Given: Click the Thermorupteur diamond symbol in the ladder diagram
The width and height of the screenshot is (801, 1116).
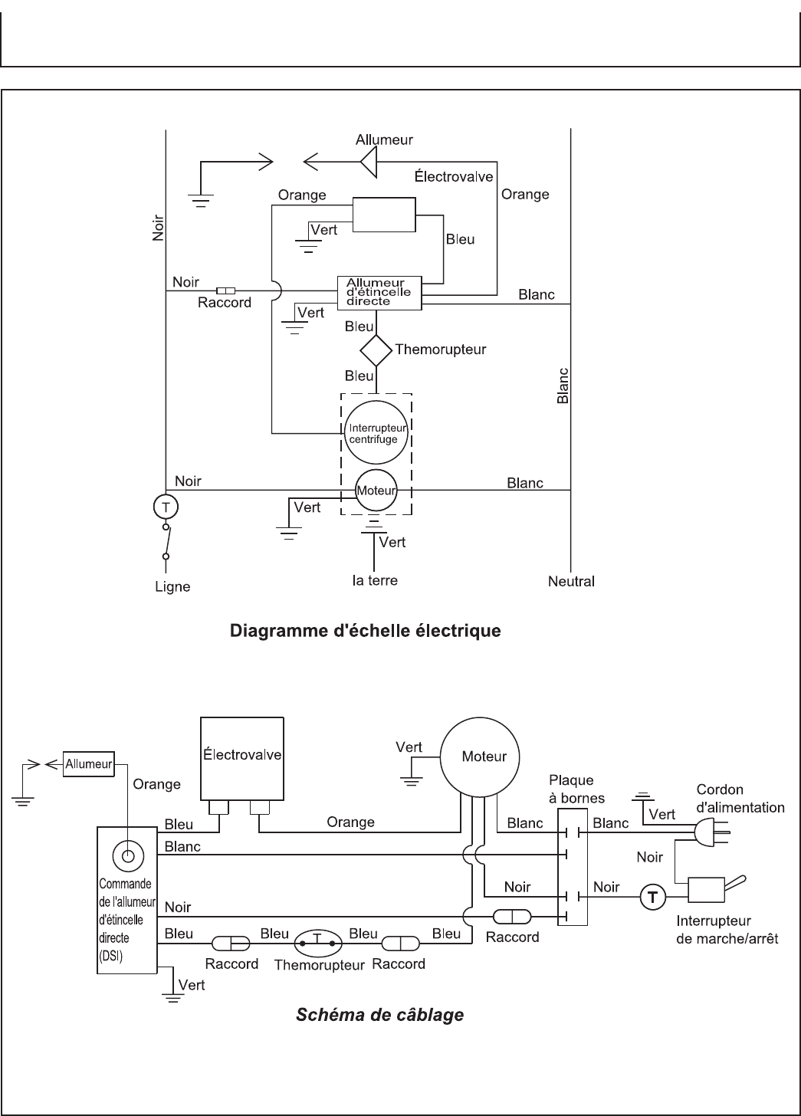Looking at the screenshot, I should click(x=376, y=351).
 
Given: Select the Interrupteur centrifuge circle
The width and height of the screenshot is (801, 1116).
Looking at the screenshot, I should click(x=376, y=434).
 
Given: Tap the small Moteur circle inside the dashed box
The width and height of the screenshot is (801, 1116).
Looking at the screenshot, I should click(x=376, y=491).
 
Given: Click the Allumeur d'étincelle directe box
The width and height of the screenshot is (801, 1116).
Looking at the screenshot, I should click(x=380, y=293).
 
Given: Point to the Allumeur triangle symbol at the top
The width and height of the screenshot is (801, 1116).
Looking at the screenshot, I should click(x=369, y=161).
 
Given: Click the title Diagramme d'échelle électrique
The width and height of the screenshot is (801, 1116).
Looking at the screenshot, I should click(x=366, y=632).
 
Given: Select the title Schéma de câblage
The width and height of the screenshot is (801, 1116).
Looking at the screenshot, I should click(x=380, y=1015).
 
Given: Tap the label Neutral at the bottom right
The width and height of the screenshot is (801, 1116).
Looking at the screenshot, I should click(x=571, y=581).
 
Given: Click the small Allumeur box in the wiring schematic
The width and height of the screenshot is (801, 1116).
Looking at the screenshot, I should click(x=89, y=763).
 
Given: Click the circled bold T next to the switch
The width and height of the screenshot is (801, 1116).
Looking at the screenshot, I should click(x=652, y=895).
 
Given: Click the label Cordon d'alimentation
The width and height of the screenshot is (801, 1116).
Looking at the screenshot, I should click(x=740, y=798).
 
